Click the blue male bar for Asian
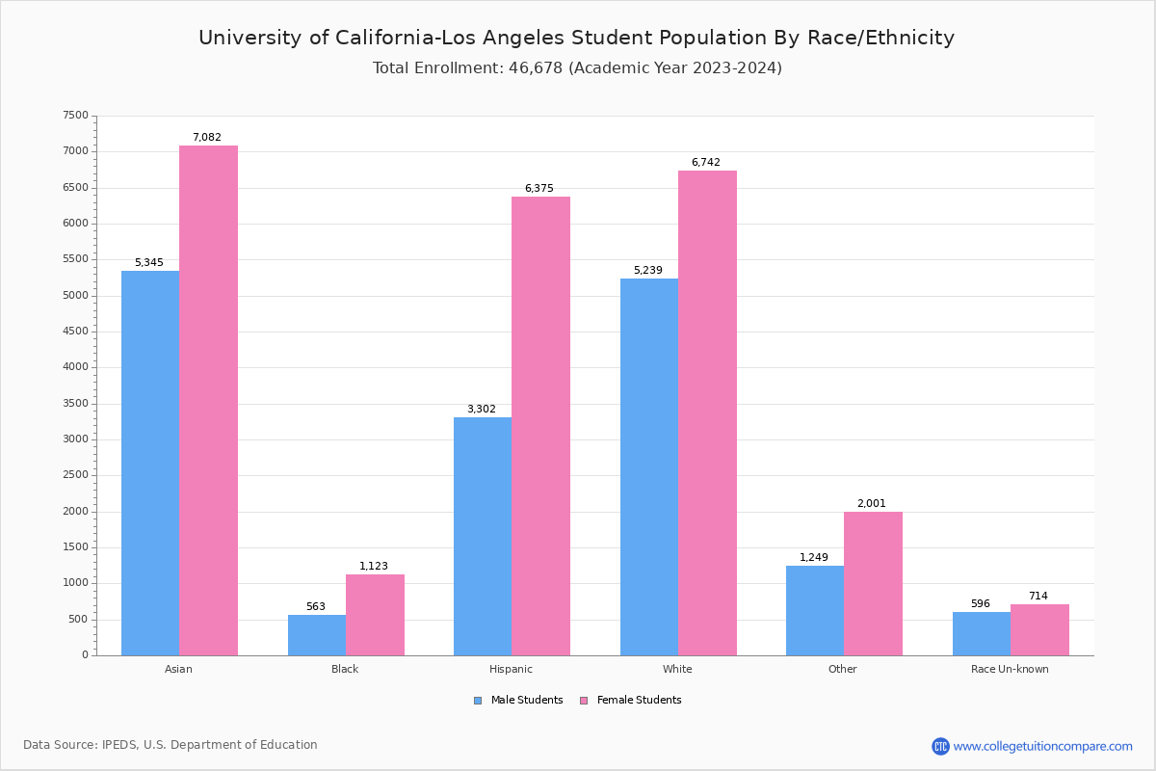point(150,463)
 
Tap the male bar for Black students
point(317,635)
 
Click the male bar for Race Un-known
point(982,633)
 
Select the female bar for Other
point(873,583)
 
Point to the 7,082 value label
point(207,138)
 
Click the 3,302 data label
point(482,410)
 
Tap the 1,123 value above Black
point(374,567)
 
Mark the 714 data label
point(1038,597)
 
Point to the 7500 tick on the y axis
point(75,116)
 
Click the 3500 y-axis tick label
point(75,404)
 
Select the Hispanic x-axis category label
point(511,669)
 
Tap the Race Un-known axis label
point(1010,669)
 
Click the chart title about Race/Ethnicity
point(576,38)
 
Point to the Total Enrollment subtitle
point(577,68)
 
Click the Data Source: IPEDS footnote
point(171,745)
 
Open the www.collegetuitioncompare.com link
point(1042,746)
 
